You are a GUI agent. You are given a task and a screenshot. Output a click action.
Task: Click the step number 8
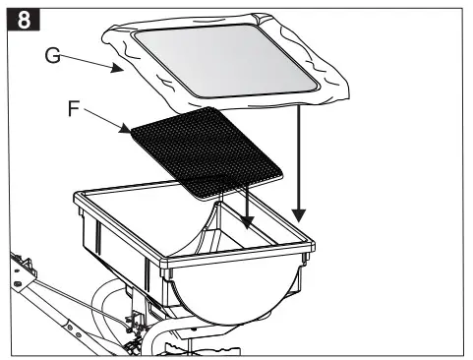point(17,17)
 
